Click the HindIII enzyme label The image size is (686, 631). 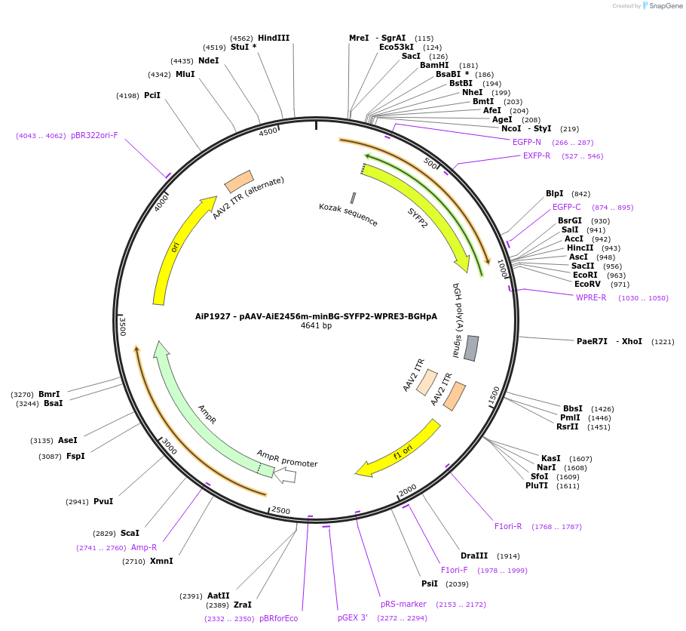pos(273,38)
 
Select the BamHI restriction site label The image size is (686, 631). pos(434,65)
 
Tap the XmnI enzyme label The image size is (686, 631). pos(161,561)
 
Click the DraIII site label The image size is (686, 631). pos(474,556)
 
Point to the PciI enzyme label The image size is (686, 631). pos(152,95)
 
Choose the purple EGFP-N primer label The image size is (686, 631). pos(527,142)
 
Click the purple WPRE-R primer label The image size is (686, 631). pos(591,297)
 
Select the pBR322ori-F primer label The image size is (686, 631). pos(94,135)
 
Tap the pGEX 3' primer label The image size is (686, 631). pos(353,617)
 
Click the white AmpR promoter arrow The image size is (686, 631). pos(285,475)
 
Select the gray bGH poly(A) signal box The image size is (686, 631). pos(471,348)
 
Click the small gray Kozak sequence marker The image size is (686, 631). pos(353,198)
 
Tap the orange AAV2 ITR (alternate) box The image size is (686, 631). pos(239,181)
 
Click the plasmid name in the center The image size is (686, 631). pos(316,316)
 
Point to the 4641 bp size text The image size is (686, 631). pos(316,326)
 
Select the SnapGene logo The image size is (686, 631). pos(660,6)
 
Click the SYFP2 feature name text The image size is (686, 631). pos(418,218)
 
